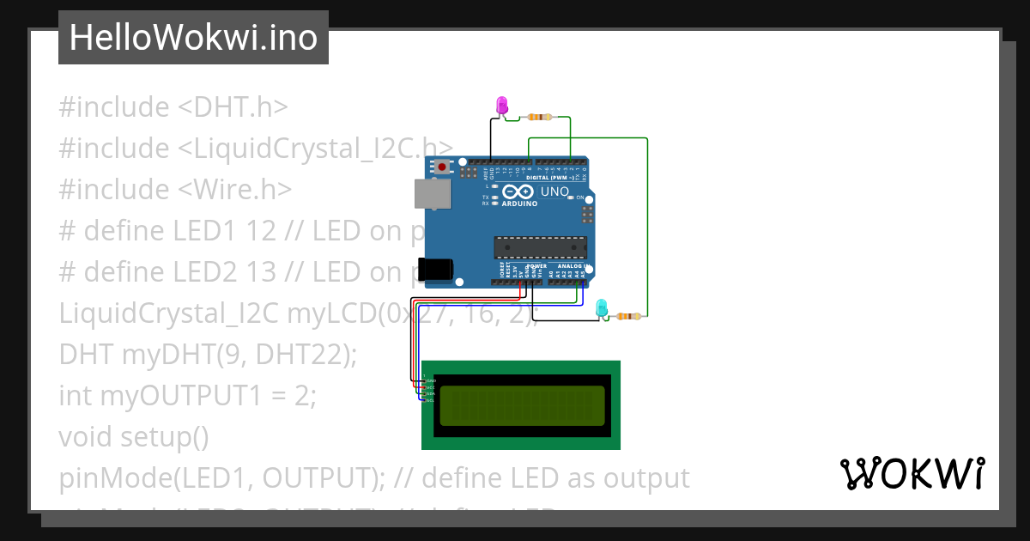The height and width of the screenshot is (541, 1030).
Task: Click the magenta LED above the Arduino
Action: tap(503, 106)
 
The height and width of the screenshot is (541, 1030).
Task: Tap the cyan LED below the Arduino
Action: tap(602, 307)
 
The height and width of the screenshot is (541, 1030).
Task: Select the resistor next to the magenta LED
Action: tap(540, 117)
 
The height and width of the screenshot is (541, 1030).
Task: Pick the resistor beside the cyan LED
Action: tap(628, 316)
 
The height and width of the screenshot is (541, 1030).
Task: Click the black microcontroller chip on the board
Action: tap(540, 247)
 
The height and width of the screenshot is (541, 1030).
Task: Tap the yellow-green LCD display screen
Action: tap(521, 405)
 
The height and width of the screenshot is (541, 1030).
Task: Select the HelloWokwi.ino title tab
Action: tap(193, 38)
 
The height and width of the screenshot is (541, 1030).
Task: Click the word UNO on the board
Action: tap(553, 191)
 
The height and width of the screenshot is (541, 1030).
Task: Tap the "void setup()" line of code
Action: tap(134, 437)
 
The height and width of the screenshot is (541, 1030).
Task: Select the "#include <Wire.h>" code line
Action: tap(175, 190)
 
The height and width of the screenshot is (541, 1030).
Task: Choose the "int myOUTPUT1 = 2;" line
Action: tap(188, 396)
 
